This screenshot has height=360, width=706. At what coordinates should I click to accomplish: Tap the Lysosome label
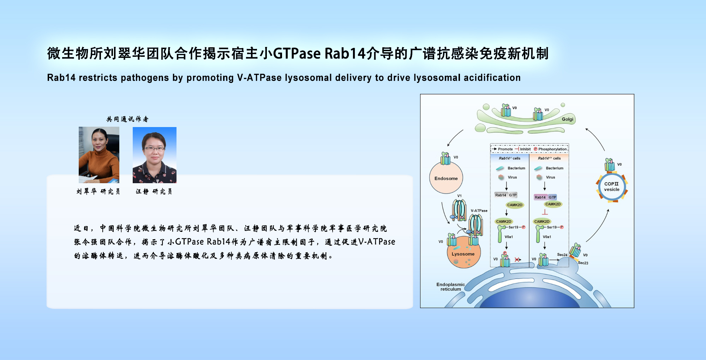(463, 254)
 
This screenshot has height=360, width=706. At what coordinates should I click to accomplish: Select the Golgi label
(567, 119)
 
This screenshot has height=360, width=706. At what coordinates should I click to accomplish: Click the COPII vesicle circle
(612, 187)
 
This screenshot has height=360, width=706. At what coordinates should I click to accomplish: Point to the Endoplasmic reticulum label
(450, 287)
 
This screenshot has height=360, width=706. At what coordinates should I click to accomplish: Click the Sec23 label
(583, 263)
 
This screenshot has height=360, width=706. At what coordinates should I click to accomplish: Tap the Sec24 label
(562, 255)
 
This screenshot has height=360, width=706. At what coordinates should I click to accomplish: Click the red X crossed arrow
(517, 260)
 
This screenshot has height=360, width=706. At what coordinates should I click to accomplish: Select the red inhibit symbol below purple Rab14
(545, 212)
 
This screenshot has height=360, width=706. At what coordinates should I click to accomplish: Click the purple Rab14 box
(540, 197)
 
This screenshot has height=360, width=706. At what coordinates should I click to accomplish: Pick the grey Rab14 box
(501, 195)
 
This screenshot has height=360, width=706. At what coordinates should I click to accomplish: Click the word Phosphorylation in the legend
(552, 149)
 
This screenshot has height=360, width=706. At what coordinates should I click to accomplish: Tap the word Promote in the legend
(505, 149)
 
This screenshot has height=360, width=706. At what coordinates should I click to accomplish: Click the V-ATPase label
(479, 211)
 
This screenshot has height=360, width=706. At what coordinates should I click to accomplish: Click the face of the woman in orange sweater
(98, 140)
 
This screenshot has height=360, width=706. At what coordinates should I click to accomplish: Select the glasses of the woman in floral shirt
(154, 149)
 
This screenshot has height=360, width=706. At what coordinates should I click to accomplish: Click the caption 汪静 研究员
(154, 192)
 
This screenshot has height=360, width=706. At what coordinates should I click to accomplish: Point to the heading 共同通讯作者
(127, 119)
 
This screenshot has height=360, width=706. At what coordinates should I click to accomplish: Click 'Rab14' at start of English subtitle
(61, 78)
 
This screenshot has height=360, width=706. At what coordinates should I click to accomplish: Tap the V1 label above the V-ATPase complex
(459, 196)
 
